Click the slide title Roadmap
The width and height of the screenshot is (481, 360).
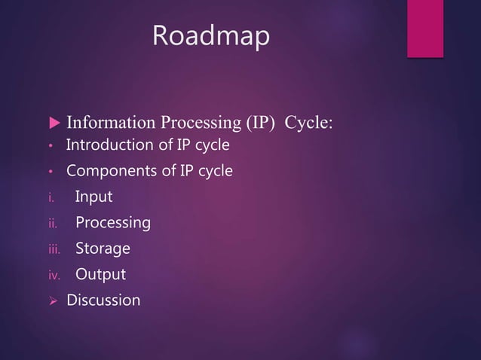[x=210, y=35]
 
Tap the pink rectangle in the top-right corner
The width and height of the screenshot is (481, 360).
[x=424, y=28]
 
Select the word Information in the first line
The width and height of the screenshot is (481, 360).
[x=109, y=123]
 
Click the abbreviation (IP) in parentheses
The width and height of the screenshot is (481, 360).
[x=254, y=123]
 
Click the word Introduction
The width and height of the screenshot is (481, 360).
[x=109, y=145]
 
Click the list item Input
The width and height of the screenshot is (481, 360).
[x=93, y=197]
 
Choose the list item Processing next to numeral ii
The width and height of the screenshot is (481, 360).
[x=112, y=223]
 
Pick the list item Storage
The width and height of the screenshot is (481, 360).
[x=103, y=249]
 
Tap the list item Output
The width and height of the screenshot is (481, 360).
[x=100, y=274]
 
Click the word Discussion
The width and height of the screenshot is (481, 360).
[x=103, y=301]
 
